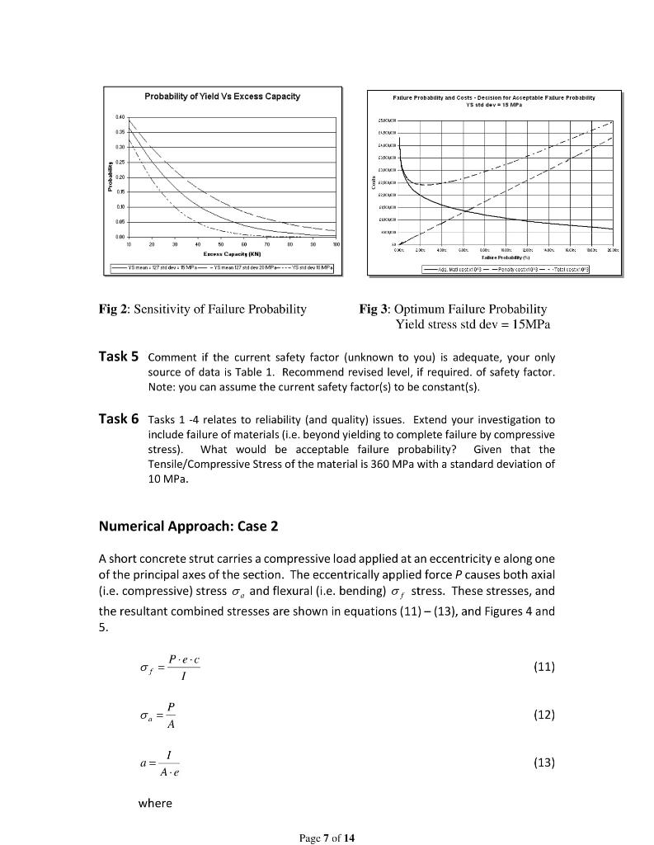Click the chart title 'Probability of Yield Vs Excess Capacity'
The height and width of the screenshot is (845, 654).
(x=223, y=97)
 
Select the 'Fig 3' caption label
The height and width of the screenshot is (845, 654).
(x=375, y=309)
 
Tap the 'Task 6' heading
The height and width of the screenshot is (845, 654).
(x=119, y=419)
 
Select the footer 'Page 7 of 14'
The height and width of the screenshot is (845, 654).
(x=327, y=838)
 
